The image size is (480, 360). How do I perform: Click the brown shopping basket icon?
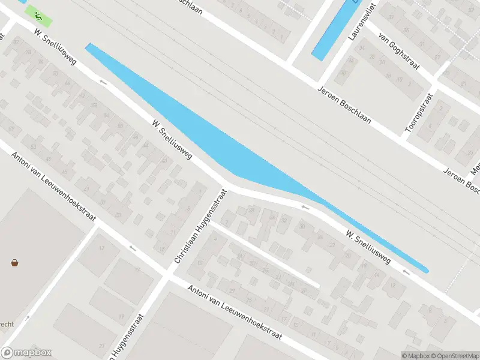(14, 262)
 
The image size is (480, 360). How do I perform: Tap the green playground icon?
(38, 16)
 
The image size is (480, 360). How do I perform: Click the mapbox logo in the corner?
(26, 353)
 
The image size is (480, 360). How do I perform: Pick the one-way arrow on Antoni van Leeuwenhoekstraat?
(133, 247)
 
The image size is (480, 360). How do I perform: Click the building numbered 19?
(122, 317)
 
